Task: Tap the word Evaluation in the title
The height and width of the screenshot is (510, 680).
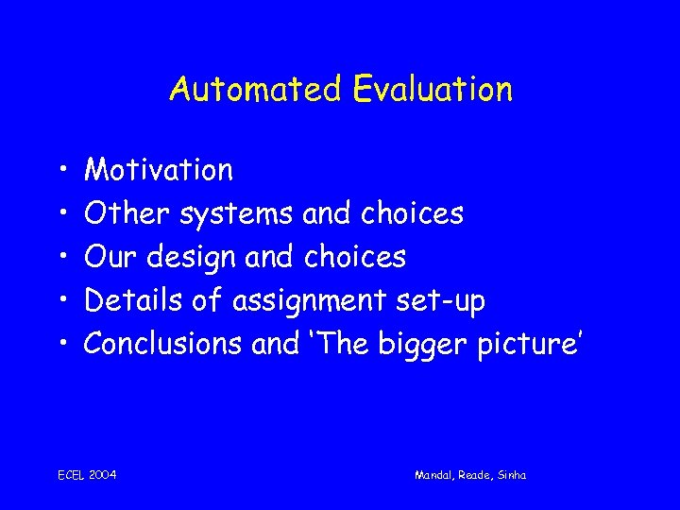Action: (x=433, y=90)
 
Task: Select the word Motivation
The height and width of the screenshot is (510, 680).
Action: (x=159, y=170)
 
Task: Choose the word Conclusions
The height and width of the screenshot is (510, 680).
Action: (x=163, y=344)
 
